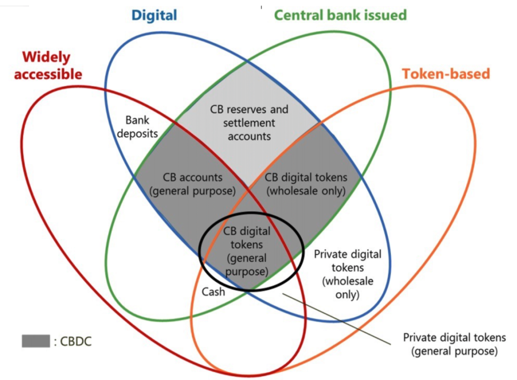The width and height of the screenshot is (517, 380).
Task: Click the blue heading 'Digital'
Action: [x=154, y=15]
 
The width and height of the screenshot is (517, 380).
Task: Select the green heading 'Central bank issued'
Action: [x=340, y=15]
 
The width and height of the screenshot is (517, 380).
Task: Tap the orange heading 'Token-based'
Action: [x=446, y=74]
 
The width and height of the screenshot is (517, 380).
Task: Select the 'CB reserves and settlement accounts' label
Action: [x=249, y=123]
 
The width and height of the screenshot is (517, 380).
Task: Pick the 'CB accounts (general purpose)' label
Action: [x=192, y=184]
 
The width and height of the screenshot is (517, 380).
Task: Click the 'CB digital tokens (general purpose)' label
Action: [x=247, y=251]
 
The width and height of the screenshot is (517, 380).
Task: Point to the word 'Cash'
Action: [x=213, y=291]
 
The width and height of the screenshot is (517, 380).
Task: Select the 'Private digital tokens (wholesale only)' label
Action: [x=348, y=274]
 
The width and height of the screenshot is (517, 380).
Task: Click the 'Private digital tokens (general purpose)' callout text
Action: [x=454, y=344]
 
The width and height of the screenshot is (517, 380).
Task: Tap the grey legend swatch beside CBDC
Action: [x=35, y=341]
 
